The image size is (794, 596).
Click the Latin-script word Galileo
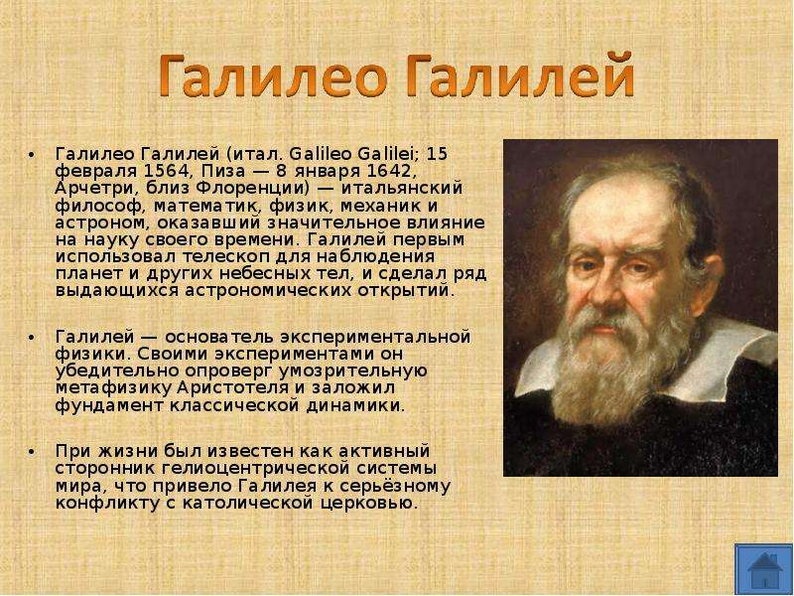pos(321,154)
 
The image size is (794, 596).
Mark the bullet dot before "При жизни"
pos(33,452)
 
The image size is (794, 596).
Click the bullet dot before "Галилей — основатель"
pos(33,338)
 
